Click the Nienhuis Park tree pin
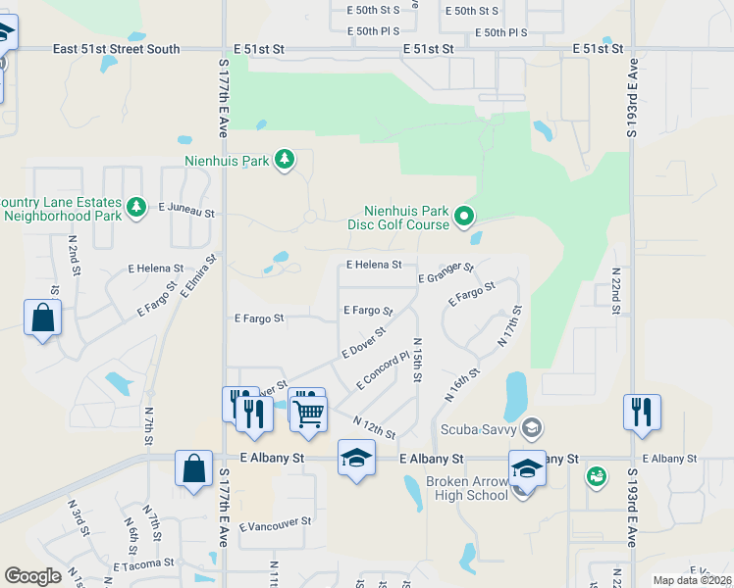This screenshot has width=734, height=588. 284,159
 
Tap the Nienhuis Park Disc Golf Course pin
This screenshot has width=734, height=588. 465,217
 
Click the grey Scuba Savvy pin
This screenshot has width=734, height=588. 532,426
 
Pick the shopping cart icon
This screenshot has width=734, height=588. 308,414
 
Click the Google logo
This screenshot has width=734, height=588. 32,576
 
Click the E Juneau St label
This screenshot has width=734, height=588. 185,209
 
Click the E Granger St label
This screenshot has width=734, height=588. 446,272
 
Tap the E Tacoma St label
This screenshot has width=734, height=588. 143,564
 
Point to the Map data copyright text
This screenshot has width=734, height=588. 692,580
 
